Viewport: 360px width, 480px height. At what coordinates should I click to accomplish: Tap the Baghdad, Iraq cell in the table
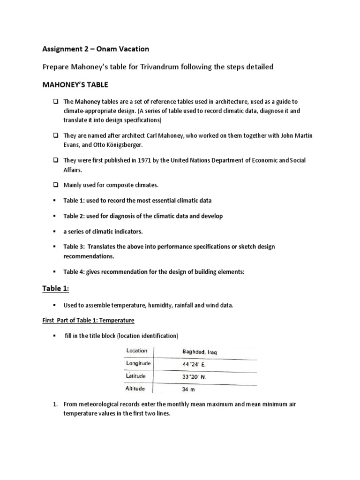click(199, 352)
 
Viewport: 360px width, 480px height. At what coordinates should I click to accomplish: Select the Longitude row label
click(138, 363)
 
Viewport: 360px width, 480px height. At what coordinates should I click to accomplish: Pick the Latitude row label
click(136, 376)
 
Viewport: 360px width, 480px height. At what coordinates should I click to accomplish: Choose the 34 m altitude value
click(188, 389)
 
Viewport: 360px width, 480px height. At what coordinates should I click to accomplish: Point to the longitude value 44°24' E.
click(194, 364)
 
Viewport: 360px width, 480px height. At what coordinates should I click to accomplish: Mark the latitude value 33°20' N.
click(195, 376)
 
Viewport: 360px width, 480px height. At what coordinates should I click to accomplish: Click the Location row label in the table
click(136, 351)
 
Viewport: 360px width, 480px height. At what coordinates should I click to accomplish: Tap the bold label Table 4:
click(75, 272)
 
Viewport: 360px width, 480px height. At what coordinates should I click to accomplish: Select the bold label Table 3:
click(75, 247)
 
